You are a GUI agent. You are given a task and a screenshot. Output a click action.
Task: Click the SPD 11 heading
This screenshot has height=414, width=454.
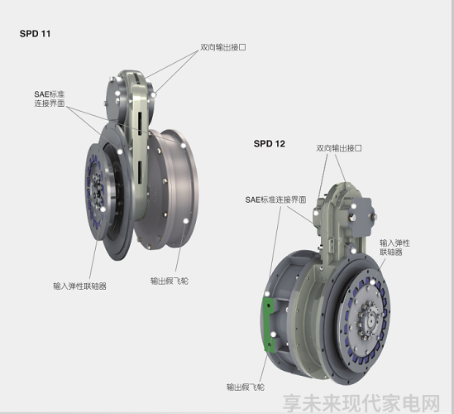pyautogui.click(x=35, y=34)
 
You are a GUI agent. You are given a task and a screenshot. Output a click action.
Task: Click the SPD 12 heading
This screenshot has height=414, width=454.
pyautogui.click(x=270, y=143)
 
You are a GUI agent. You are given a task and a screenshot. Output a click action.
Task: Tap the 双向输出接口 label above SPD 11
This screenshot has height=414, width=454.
pyautogui.click(x=223, y=47)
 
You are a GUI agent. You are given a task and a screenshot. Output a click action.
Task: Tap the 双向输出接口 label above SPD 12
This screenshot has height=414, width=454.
pyautogui.click(x=339, y=148)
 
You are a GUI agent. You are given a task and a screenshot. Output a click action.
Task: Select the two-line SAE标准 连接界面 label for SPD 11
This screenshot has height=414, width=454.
pyautogui.click(x=50, y=99)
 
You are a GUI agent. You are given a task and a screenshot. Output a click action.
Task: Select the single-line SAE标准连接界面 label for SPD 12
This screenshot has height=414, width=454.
pyautogui.click(x=275, y=200)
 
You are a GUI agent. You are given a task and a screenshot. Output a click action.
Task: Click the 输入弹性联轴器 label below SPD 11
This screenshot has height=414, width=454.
pyautogui.click(x=79, y=286)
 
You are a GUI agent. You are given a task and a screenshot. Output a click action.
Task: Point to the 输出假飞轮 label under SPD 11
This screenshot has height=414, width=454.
pyautogui.click(x=170, y=281)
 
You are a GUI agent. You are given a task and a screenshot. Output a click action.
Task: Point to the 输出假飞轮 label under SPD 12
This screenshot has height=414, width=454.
pyautogui.click(x=246, y=387)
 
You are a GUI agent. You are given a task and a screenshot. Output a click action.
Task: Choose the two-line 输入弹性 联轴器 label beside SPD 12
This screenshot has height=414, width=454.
pyautogui.click(x=394, y=247)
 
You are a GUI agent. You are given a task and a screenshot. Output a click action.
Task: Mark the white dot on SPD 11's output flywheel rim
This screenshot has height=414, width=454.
pyautogui.click(x=185, y=221)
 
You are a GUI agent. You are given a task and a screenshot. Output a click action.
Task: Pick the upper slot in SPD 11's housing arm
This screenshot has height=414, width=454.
pyautogui.click(x=140, y=124)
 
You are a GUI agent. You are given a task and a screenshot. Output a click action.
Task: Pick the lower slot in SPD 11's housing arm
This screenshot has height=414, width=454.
pyautogui.click(x=140, y=172)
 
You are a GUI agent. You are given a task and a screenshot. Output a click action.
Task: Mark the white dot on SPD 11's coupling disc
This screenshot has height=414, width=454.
pyautogui.click(x=103, y=209)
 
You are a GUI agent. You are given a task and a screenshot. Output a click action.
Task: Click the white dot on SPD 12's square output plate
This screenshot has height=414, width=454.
pyautogui.click(x=354, y=206)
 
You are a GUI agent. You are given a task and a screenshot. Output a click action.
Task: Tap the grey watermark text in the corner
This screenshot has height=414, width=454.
pyautogui.click(x=361, y=403)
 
